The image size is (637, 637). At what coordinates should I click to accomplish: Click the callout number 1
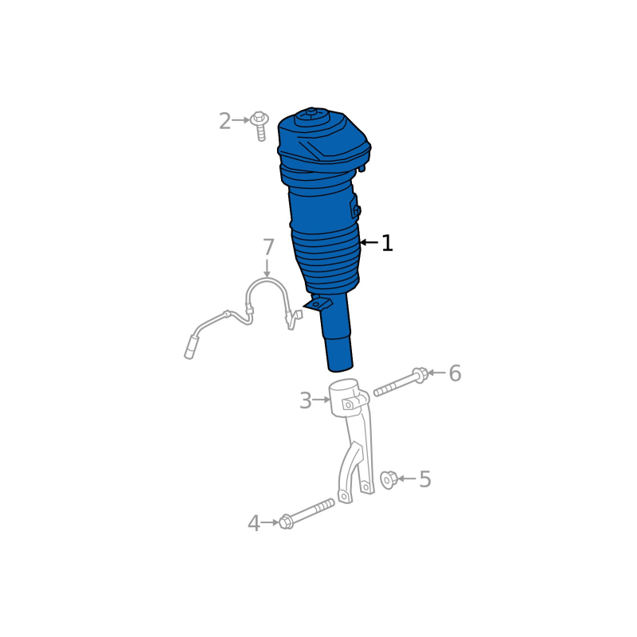(387, 243)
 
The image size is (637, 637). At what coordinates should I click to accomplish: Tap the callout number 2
(225, 121)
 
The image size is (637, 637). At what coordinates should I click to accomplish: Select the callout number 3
(305, 401)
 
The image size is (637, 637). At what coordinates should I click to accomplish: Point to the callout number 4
(253, 523)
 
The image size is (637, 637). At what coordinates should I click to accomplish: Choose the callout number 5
(425, 479)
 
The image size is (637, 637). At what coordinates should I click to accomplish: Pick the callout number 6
(455, 373)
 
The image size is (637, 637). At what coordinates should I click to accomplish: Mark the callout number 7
(268, 247)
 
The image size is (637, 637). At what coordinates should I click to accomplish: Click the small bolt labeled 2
(260, 126)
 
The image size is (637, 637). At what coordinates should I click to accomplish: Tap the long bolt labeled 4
(307, 514)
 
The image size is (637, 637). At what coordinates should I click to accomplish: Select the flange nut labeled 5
(389, 479)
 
